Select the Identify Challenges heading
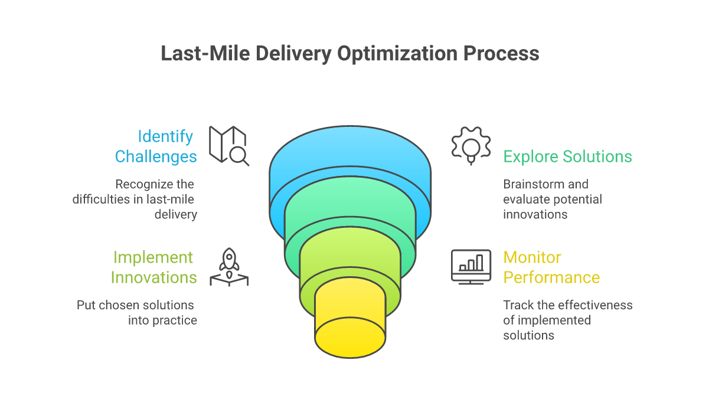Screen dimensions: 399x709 coord(156,146)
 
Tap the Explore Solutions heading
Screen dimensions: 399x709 coord(567,156)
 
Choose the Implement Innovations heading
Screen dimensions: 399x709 coord(153,267)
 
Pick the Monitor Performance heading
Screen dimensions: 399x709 coord(551,267)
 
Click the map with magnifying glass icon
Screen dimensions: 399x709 coord(229,145)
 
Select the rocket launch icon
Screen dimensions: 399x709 coord(229,267)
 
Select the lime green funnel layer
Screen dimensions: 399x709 coord(349,254)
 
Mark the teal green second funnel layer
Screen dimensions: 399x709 coord(349,207)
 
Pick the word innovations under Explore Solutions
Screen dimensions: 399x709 coord(535,214)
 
